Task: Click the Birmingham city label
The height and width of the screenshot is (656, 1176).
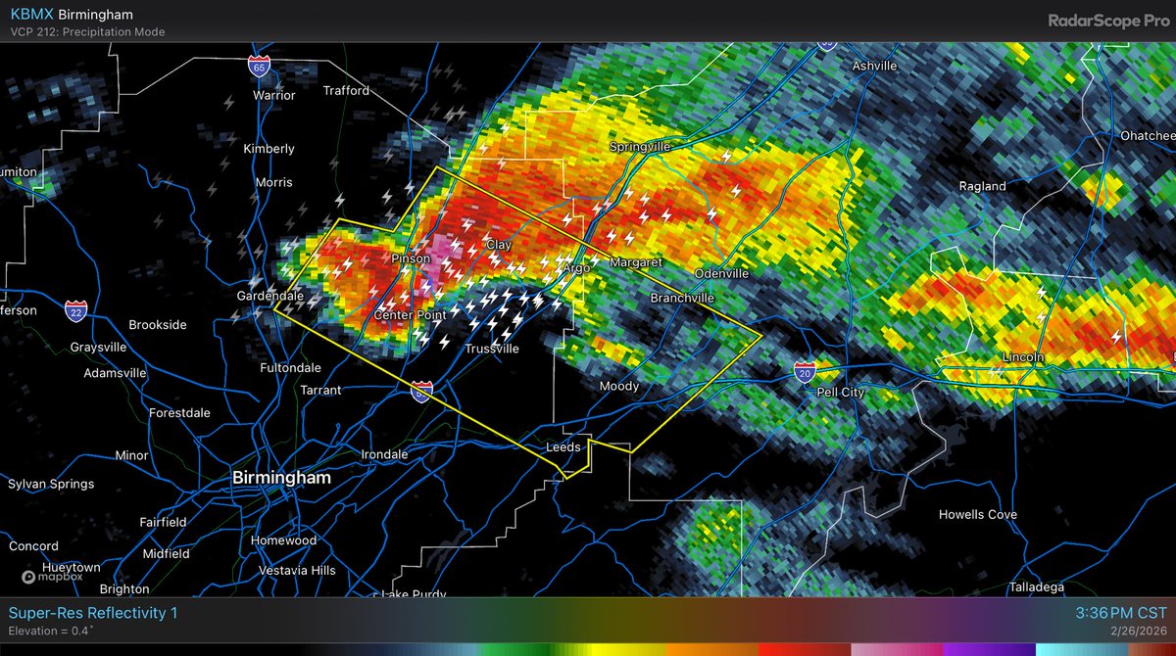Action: (281, 478)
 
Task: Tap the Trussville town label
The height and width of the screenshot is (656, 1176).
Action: (492, 349)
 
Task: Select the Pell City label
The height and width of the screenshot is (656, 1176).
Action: (841, 393)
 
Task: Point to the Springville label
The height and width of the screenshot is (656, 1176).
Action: (640, 147)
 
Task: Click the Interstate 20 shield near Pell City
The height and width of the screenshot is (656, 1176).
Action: (805, 371)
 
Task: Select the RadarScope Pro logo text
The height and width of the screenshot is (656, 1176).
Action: (1107, 20)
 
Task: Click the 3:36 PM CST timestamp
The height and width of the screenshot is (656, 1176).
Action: (1119, 613)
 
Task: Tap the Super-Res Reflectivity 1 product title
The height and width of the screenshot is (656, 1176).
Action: (93, 613)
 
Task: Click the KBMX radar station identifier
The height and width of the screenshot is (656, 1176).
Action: (30, 15)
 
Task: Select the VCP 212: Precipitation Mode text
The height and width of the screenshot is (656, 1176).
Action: (86, 32)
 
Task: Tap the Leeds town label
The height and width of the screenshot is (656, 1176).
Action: (563, 447)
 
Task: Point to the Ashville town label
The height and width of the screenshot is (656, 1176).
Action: (874, 67)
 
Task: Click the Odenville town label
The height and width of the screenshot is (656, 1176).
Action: (721, 273)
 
